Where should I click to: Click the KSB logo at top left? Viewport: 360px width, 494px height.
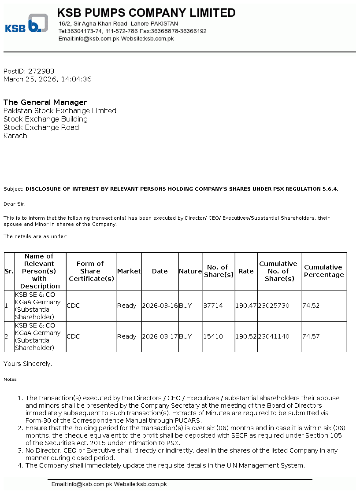pyautogui.click(x=26, y=24)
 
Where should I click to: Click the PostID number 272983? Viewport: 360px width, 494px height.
pyautogui.click(x=41, y=71)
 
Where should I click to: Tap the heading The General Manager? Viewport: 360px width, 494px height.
pyautogui.click(x=45, y=102)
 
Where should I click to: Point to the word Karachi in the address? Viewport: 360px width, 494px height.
pyautogui.click(x=16, y=136)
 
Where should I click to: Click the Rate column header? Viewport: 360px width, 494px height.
pyautogui.click(x=246, y=271)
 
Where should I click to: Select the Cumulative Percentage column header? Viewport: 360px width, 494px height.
pyautogui.click(x=323, y=271)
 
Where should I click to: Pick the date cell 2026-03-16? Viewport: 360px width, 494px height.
pyautogui.click(x=160, y=306)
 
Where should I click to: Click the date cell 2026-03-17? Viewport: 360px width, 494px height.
pyautogui.click(x=160, y=336)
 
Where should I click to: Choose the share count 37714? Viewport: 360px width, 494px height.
pyautogui.click(x=213, y=306)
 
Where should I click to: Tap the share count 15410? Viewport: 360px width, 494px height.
pyautogui.click(x=213, y=336)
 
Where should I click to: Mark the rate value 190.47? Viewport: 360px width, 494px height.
pyautogui.click(x=246, y=306)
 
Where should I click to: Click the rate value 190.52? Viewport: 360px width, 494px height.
pyautogui.click(x=246, y=336)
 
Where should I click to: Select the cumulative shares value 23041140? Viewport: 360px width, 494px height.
pyautogui.click(x=274, y=336)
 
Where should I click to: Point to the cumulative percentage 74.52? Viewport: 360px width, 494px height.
pyautogui.click(x=311, y=306)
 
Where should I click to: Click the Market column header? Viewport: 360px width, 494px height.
pyautogui.click(x=129, y=271)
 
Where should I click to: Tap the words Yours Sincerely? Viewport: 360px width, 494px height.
pyautogui.click(x=28, y=364)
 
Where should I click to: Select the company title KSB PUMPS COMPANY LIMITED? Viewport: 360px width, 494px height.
pyautogui.click(x=146, y=13)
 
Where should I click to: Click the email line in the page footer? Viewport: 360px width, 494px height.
pyautogui.click(x=109, y=484)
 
